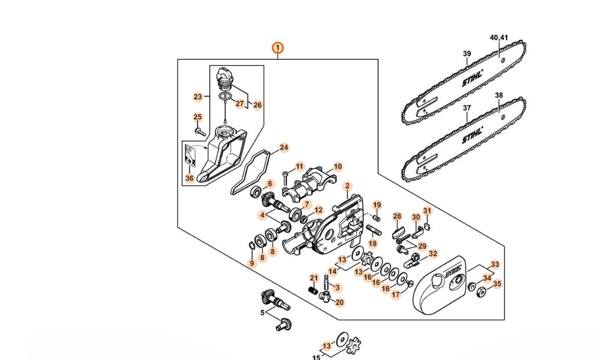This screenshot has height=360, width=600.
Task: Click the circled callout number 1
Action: tap(278, 48)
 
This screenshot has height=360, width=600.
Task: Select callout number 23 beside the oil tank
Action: tap(197, 97)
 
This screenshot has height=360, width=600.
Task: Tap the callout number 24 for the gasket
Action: tap(284, 147)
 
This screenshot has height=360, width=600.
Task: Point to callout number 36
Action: tap(189, 179)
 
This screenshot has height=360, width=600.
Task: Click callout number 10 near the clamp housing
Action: tap(337, 167)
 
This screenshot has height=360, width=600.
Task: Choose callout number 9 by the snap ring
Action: tap(252, 264)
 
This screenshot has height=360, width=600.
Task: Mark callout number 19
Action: tap(377, 205)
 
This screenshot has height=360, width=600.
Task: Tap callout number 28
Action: tap(397, 216)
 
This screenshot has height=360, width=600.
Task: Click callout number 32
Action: tap(433, 254)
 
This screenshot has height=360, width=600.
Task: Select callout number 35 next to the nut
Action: tap(497, 284)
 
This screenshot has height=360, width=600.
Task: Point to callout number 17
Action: tap(396, 295)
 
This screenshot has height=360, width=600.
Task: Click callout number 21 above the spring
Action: tap(314, 278)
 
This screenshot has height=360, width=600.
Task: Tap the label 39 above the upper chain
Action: tap(467, 54)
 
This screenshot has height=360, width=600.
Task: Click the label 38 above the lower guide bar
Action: tap(499, 95)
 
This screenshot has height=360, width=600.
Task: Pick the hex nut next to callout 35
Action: tap(481, 292)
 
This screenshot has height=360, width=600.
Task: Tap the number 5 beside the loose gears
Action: tap(263, 313)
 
